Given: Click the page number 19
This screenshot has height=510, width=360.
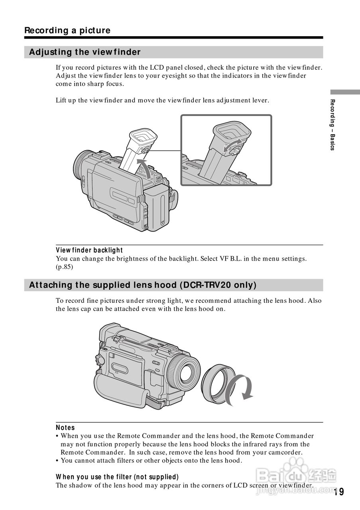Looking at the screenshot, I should pos(339,492).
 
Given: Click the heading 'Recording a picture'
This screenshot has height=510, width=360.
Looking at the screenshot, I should pos(67,30).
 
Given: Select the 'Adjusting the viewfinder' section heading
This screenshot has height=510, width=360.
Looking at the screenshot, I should pos(85,52).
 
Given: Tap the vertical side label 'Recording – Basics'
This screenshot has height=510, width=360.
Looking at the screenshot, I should pos(332,124).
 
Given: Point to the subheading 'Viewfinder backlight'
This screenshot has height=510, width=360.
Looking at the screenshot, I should pos(89,250).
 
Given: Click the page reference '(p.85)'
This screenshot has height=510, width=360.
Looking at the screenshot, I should pos(65,267).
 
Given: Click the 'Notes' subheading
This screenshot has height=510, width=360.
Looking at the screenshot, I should pos(65,428).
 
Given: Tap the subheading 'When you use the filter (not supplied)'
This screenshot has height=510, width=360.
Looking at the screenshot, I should pos(117,477).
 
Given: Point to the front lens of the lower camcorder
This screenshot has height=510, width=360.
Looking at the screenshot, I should pos(186,372).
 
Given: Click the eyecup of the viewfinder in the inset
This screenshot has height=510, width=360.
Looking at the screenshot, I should pos(231,130).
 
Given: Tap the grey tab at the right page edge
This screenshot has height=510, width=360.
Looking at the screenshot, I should pos(345,92).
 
